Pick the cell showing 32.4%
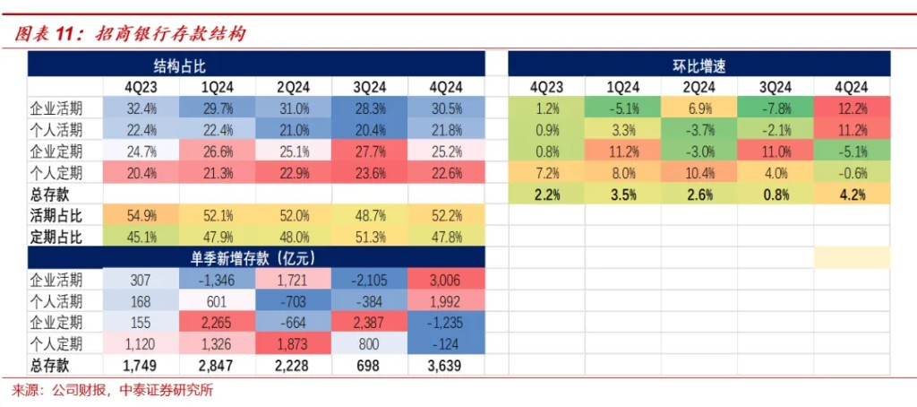pos(141,108)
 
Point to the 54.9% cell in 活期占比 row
pos(141,216)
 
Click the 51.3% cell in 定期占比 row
pos(369,238)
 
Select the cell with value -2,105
pos(369,280)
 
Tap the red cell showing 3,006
pos(445,280)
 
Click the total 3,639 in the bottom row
pos(445,366)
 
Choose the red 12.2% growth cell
pos(852,108)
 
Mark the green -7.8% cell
pos(776,108)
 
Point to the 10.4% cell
pos(699,172)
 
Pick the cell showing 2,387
pos(369,323)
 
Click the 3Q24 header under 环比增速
pos(776,87)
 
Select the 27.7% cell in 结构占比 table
pos(369,151)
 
